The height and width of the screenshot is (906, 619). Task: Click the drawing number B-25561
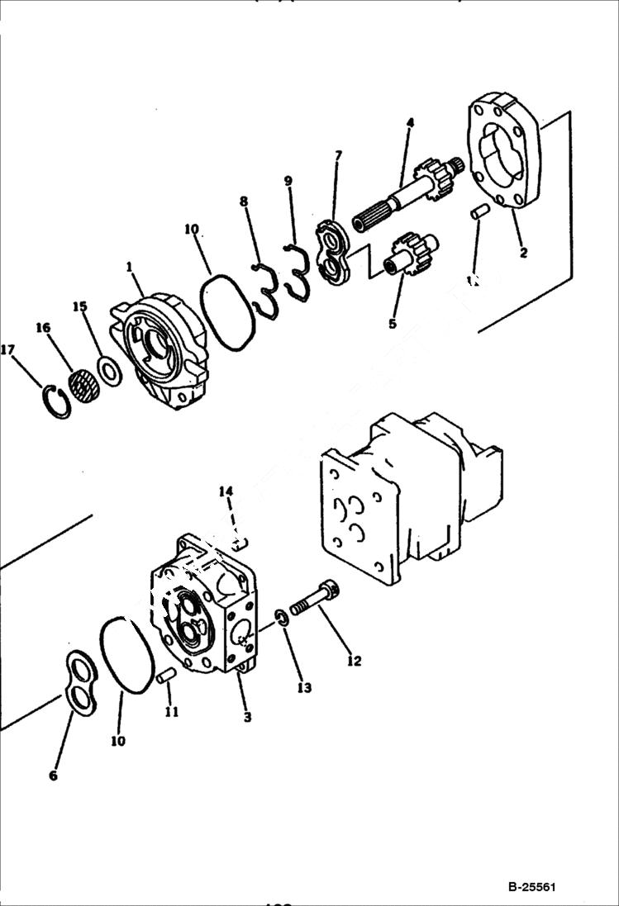pyautogui.click(x=531, y=888)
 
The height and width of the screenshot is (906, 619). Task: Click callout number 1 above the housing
pyautogui.click(x=130, y=267)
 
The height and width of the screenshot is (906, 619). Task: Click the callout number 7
pyautogui.click(x=336, y=155)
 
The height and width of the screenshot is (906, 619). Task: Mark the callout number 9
pyautogui.click(x=288, y=181)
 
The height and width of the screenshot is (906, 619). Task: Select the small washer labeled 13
pyautogui.click(x=282, y=618)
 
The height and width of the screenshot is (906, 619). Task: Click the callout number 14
pyautogui.click(x=226, y=491)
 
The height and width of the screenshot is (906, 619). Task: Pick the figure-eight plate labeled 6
pyautogui.click(x=79, y=681)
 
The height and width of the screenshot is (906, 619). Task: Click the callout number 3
pyautogui.click(x=247, y=718)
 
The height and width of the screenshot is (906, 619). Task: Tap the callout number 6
pyautogui.click(x=53, y=776)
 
